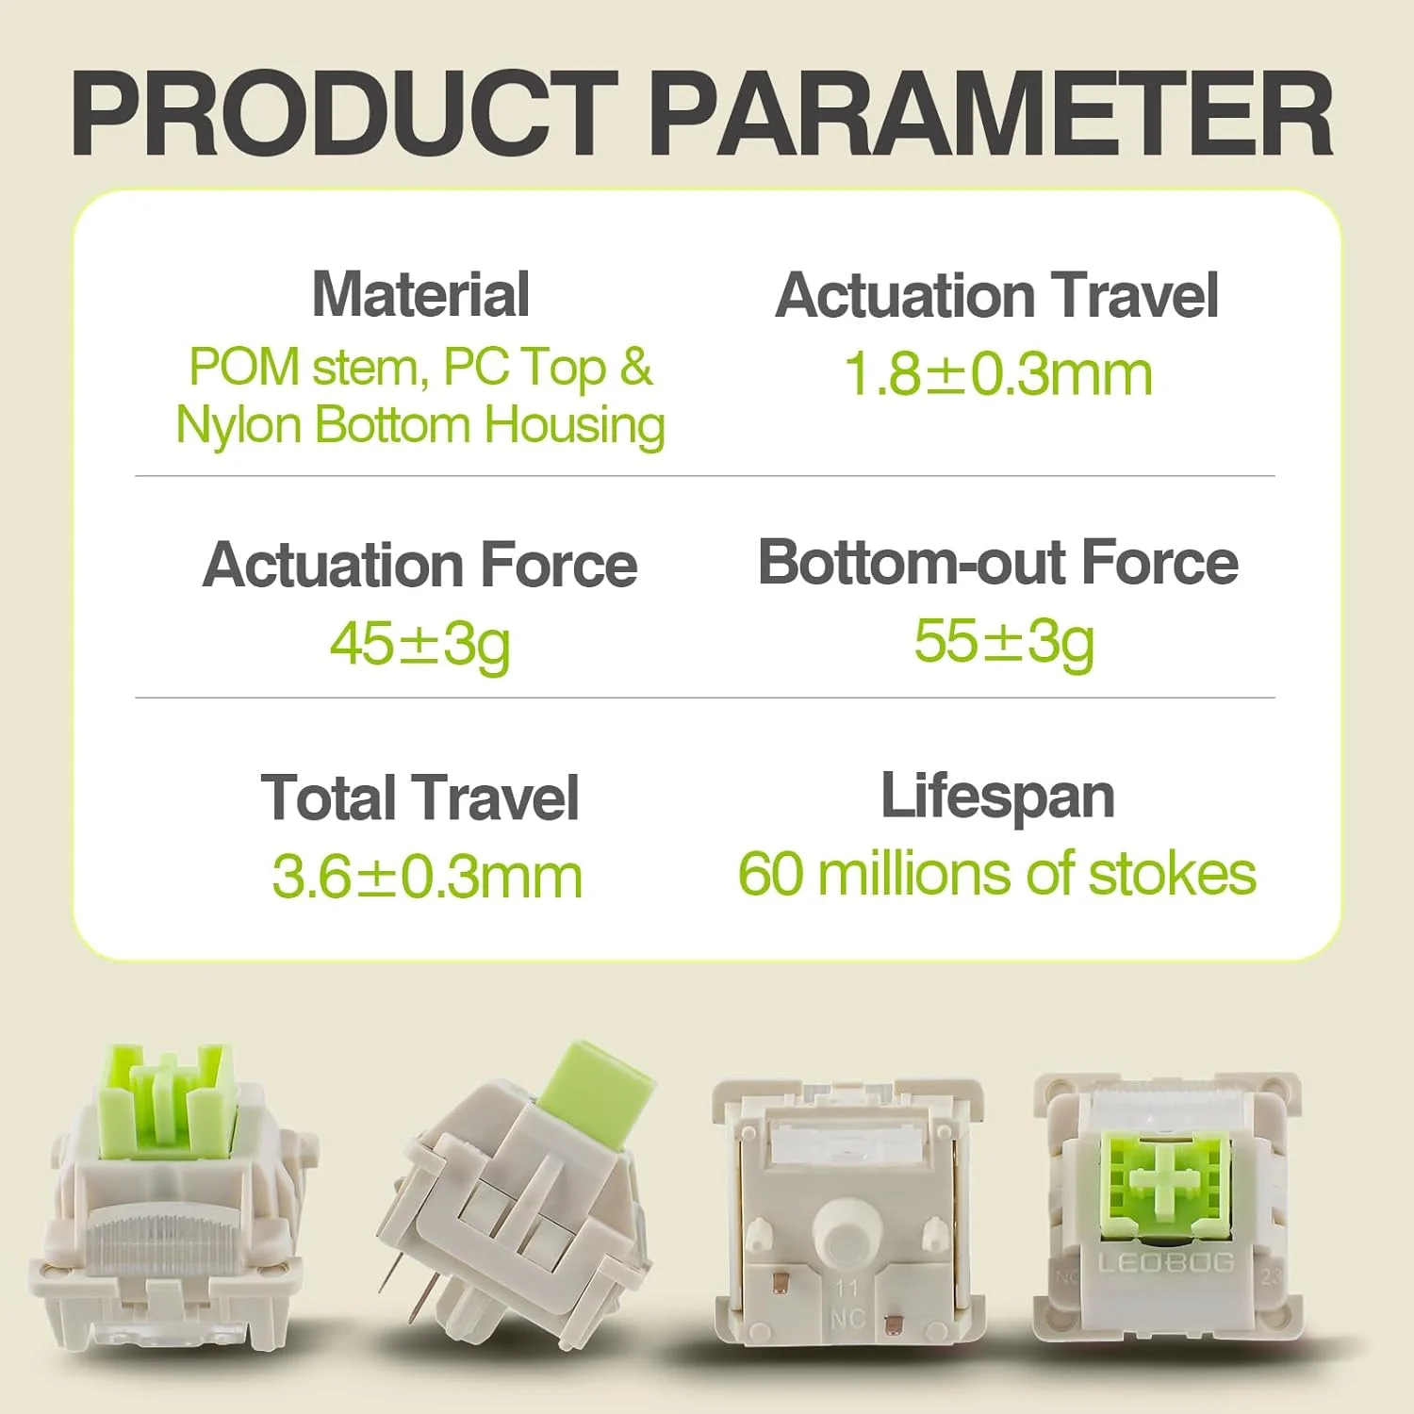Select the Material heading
[420, 294]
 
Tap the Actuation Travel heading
[997, 295]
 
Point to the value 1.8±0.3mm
[997, 374]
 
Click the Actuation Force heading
[420, 566]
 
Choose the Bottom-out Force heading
[998, 563]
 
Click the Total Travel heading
[420, 797]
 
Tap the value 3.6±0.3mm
[427, 878]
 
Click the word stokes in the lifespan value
[1173, 874]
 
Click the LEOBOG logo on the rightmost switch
[1167, 1262]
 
